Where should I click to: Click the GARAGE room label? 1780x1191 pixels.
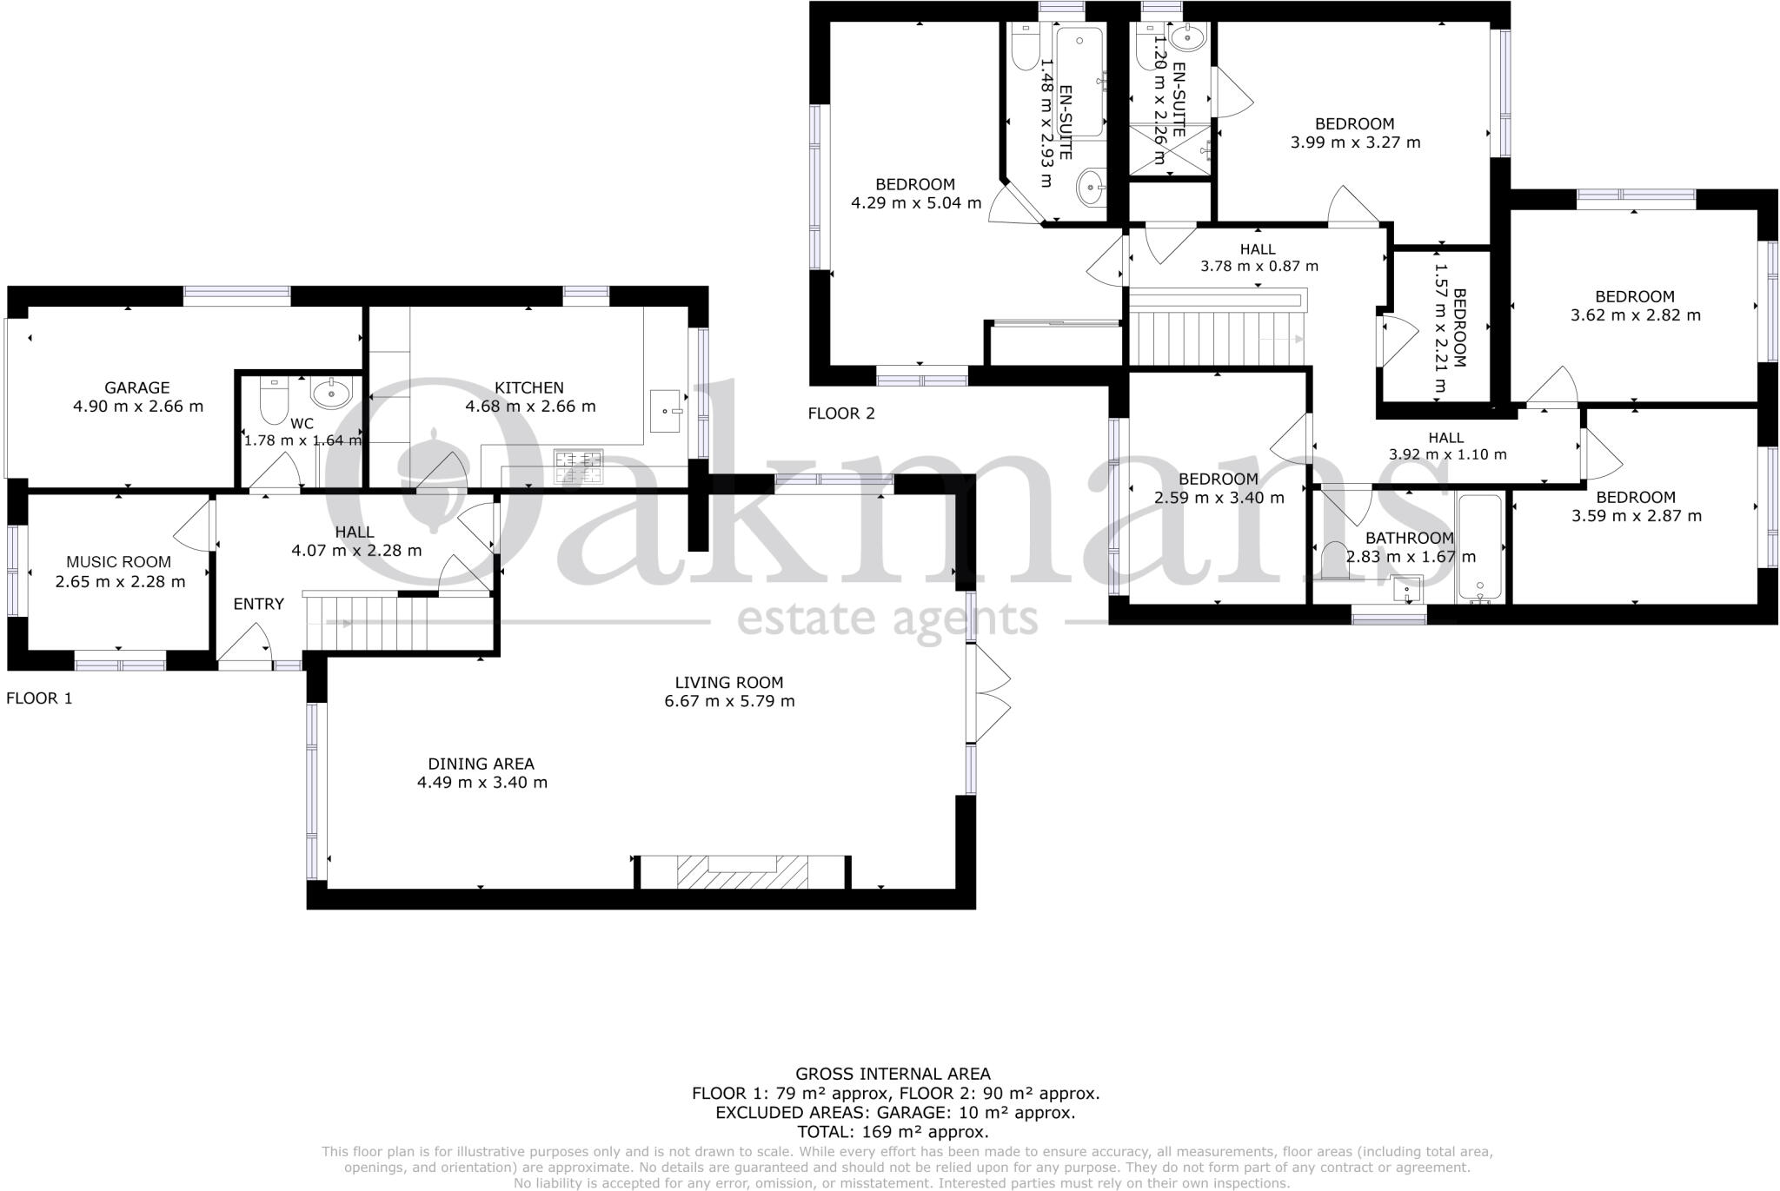(x=136, y=387)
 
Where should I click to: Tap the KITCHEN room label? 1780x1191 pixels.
(x=529, y=387)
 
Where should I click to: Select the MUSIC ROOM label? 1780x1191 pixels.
(x=119, y=562)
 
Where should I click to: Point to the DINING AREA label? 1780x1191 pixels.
(x=481, y=764)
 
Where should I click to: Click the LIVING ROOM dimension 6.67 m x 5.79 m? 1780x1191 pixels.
(x=729, y=701)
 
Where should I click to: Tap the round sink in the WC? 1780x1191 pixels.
(x=331, y=394)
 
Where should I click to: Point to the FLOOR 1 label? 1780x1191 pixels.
(x=39, y=698)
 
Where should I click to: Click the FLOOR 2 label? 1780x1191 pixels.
(x=841, y=414)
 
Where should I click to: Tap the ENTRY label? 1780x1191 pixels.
(x=258, y=604)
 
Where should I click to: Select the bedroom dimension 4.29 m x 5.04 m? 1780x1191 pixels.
(x=915, y=203)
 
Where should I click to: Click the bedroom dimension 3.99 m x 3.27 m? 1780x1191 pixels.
(x=1355, y=142)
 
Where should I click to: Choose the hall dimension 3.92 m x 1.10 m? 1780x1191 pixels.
(x=1447, y=454)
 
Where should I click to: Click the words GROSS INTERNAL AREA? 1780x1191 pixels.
(x=893, y=1074)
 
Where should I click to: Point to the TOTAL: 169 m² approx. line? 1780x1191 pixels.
(x=893, y=1132)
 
